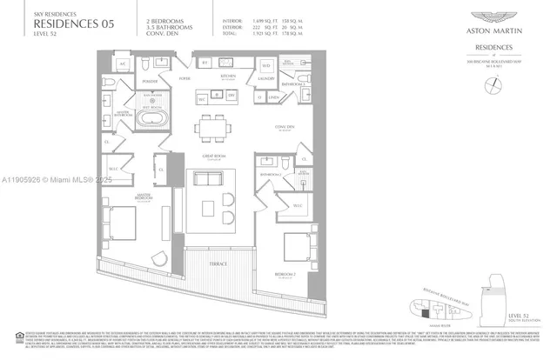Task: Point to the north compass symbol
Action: (495, 83)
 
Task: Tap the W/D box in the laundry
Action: (266, 65)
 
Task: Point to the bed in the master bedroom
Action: (122, 222)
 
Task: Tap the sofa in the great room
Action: (208, 179)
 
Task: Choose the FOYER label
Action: (185, 77)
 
